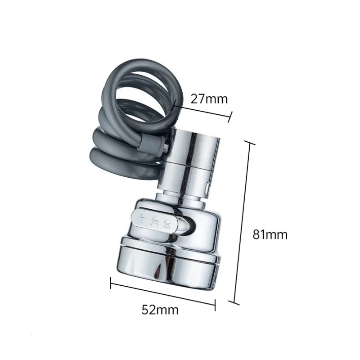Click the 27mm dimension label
(x=209, y=99)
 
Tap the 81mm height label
(x=270, y=234)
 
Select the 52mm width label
(x=160, y=310)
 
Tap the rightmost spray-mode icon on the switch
(x=168, y=221)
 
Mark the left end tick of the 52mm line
(x=111, y=283)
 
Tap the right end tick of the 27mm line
(x=230, y=117)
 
